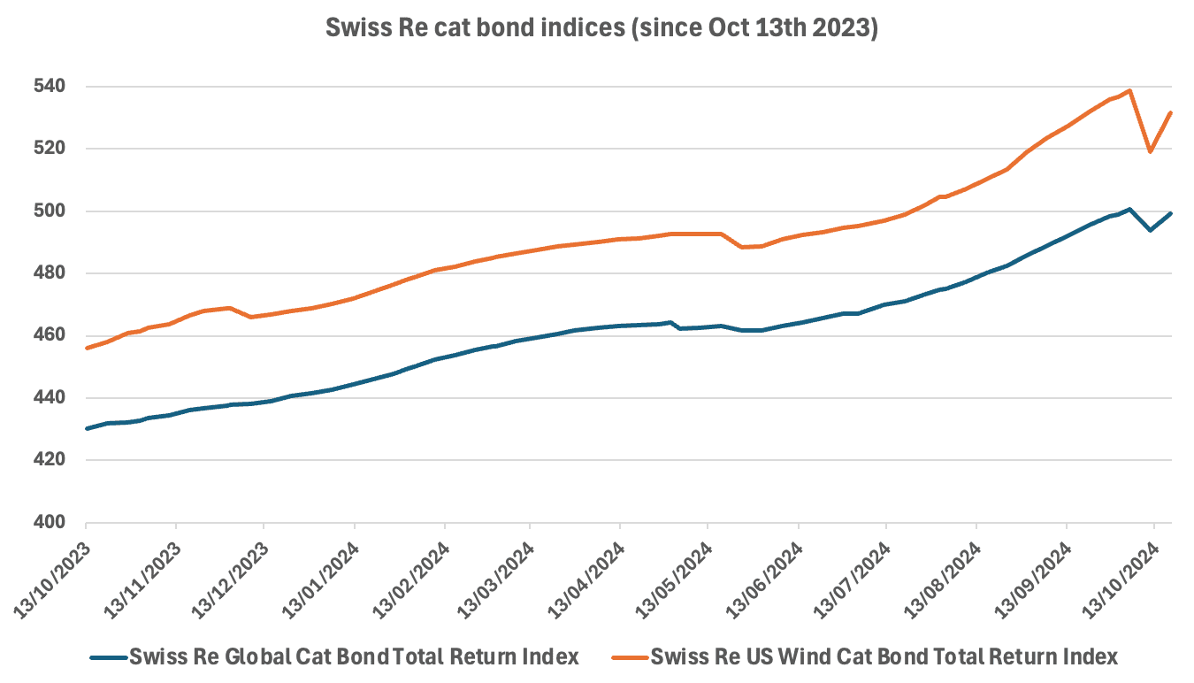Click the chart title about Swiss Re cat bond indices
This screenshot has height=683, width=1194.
click(x=601, y=27)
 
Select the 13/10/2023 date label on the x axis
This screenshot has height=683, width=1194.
click(x=50, y=575)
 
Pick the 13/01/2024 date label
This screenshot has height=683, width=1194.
click(x=318, y=575)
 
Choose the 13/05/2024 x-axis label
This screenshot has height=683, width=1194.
click(x=671, y=575)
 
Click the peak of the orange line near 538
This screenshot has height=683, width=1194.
click(x=1129, y=90)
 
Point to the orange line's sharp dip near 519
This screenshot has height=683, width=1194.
click(x=1150, y=151)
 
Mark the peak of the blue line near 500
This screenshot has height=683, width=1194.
click(x=1129, y=210)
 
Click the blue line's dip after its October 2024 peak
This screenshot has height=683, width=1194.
click(x=1150, y=230)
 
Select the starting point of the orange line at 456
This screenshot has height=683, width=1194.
click(x=87, y=348)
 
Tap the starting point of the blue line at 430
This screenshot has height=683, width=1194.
click(x=87, y=428)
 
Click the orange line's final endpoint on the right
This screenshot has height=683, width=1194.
click(x=1171, y=113)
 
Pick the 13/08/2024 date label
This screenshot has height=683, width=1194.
click(x=940, y=575)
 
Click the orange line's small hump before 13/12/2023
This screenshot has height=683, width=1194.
click(x=230, y=308)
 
